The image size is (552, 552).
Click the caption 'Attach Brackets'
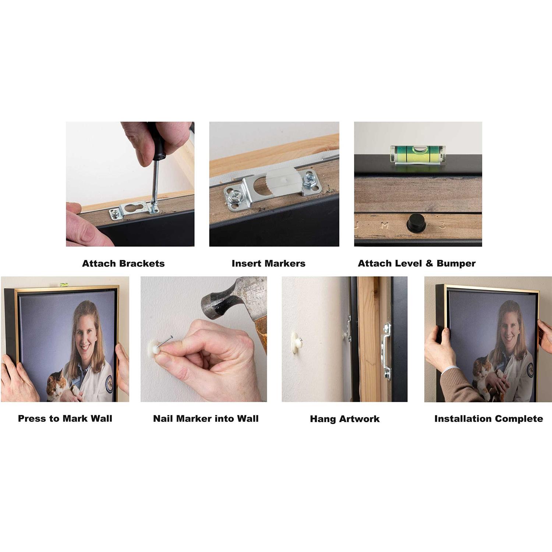point(123,263)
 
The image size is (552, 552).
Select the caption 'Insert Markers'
point(269,263)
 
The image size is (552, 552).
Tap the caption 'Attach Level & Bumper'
point(417,263)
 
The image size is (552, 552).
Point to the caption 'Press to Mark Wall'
point(65,418)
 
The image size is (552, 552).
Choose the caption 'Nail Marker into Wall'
point(206,418)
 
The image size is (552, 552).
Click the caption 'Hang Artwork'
point(345,419)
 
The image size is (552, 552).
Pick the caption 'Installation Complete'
point(489,419)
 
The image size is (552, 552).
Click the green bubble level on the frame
point(418,154)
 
